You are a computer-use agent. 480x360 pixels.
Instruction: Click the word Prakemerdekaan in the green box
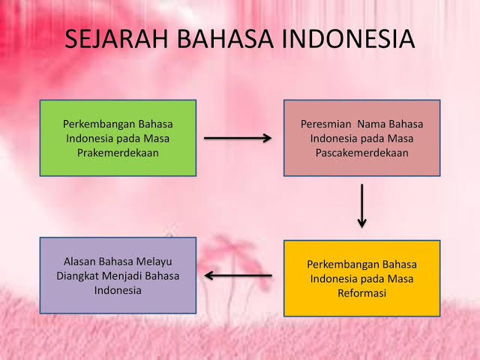(x=118, y=152)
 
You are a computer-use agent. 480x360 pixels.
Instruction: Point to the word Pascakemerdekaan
(x=361, y=152)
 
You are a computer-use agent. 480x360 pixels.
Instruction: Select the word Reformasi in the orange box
(x=361, y=293)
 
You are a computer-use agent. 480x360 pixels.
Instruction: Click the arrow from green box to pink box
(x=238, y=138)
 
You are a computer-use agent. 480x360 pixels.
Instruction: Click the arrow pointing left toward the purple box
(x=238, y=275)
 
